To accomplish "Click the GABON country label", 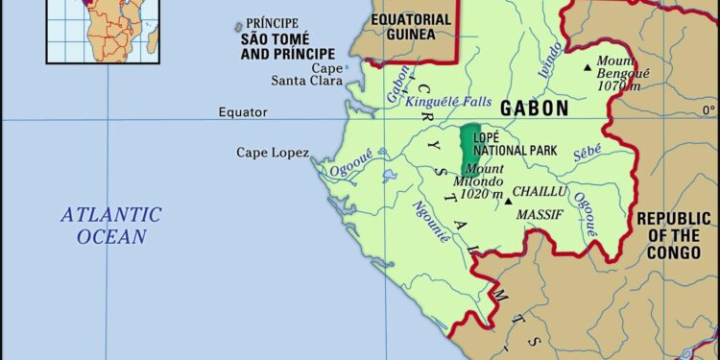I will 534,108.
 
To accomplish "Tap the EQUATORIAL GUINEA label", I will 411,26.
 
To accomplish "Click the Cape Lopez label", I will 273,152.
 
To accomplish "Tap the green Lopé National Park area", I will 469,145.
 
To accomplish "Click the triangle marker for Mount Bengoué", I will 588,66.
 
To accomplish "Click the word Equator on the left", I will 243,112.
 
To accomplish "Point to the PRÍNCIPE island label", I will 273,23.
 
